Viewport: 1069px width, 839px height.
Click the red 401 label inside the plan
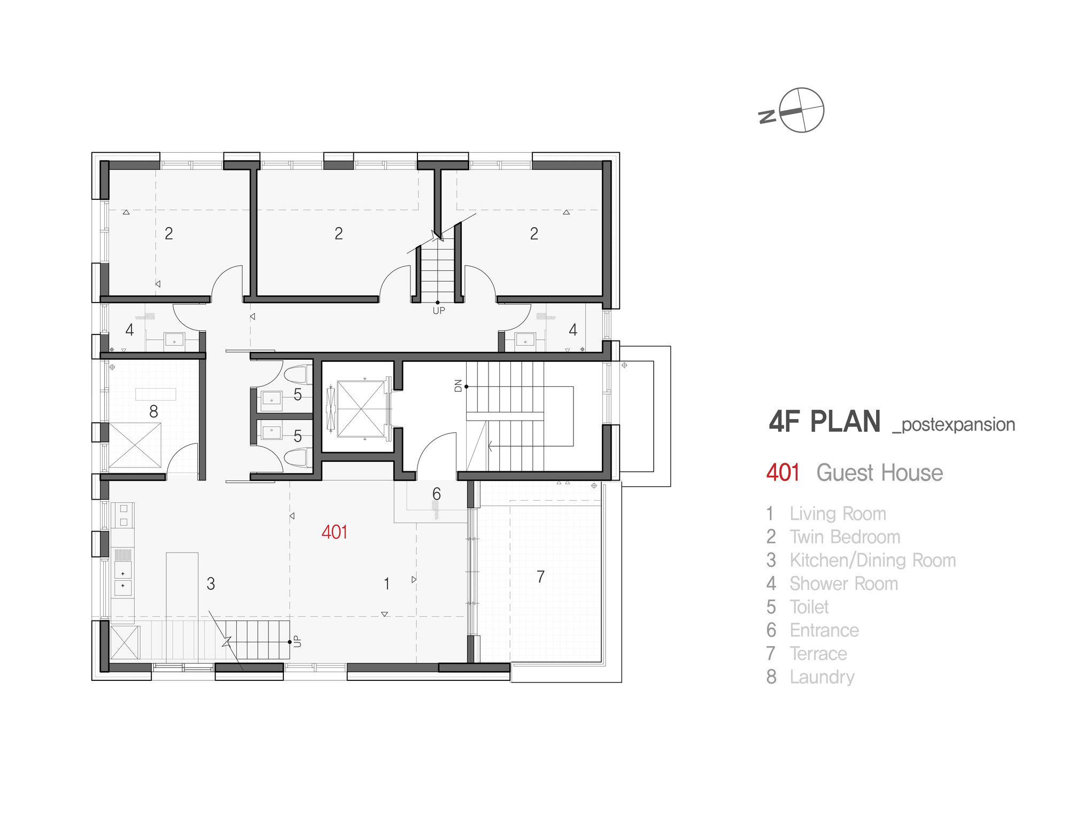pyautogui.click(x=335, y=532)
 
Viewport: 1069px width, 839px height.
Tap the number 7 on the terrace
pyautogui.click(x=541, y=577)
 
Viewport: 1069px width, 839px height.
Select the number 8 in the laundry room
pyautogui.click(x=153, y=411)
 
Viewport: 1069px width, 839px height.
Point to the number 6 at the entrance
pyautogui.click(x=437, y=494)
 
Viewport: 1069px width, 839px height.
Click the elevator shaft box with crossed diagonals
pyautogui.click(x=362, y=409)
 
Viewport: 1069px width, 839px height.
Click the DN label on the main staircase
pyautogui.click(x=458, y=385)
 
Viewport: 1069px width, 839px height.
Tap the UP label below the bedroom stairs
pyautogui.click(x=439, y=310)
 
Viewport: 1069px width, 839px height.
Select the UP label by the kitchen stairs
pyautogui.click(x=298, y=641)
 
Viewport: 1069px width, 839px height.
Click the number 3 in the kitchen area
pyautogui.click(x=211, y=584)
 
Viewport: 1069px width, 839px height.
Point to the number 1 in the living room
pyautogui.click(x=386, y=584)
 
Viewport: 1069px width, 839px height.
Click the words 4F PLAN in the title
pyautogui.click(x=825, y=422)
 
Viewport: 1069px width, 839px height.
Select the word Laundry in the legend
pyautogui.click(x=822, y=677)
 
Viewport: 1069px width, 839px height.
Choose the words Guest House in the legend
pyautogui.click(x=880, y=473)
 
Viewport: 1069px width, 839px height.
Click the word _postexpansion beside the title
pyautogui.click(x=954, y=425)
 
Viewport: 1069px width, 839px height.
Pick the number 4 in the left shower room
pyautogui.click(x=129, y=330)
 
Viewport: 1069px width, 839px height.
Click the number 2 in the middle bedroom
pyautogui.click(x=338, y=234)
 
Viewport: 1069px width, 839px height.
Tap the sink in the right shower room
pyautogui.click(x=525, y=340)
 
